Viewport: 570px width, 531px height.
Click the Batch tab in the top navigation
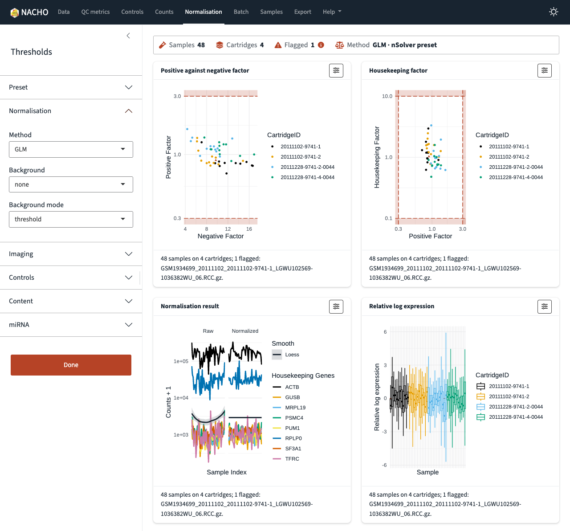coord(241,12)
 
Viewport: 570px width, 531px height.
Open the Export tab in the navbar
coord(302,12)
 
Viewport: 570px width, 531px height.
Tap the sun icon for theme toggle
coord(554,12)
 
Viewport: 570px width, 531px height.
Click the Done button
coord(71,365)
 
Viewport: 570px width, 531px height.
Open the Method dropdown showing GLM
coord(71,149)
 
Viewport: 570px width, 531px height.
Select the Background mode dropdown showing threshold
coord(71,220)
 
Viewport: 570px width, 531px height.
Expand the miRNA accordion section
coord(71,325)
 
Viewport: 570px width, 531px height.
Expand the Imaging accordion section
coord(71,254)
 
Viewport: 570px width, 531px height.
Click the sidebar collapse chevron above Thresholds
coord(128,36)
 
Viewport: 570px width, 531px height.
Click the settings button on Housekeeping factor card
coord(545,70)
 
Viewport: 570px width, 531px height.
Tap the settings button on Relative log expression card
coord(545,306)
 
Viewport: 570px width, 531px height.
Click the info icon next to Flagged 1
coord(321,45)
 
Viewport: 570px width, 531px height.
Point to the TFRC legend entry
coord(286,459)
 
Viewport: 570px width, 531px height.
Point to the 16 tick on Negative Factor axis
coord(249,229)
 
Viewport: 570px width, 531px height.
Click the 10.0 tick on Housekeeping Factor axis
coord(387,96)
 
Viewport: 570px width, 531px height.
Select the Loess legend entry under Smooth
coord(285,355)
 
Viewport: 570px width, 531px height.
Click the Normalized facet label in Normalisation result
coord(245,331)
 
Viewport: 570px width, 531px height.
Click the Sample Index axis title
coord(227,472)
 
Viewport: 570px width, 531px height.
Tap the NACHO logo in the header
coord(29,12)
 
